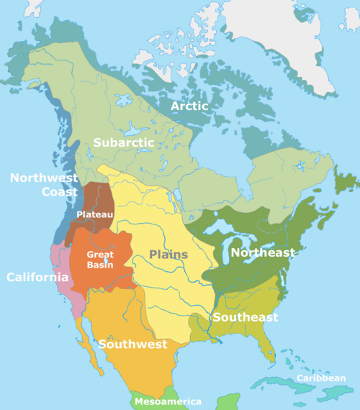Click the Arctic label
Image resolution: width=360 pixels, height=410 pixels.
pyautogui.click(x=189, y=106)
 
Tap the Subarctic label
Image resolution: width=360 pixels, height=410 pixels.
pyautogui.click(x=124, y=142)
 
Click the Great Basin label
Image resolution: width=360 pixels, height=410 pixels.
pyautogui.click(x=100, y=259)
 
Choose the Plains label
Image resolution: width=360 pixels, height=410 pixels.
pyautogui.click(x=168, y=255)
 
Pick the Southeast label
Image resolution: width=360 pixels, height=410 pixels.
pyautogui.click(x=244, y=317)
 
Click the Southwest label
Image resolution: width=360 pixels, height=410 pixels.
pyautogui.click(x=132, y=344)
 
